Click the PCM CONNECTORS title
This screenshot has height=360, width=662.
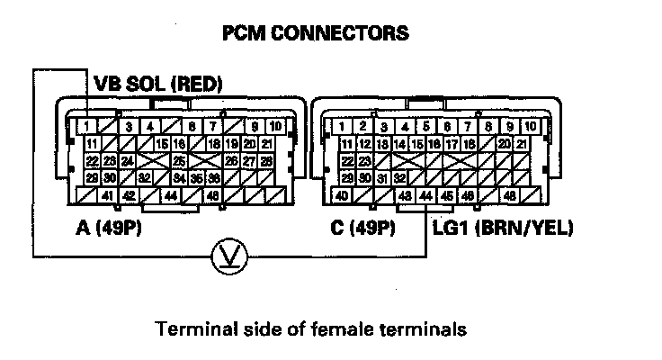315,34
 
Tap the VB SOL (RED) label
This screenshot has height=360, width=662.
158,85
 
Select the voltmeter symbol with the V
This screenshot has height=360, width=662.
222,257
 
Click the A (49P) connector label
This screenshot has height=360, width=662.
110,228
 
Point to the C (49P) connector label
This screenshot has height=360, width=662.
364,228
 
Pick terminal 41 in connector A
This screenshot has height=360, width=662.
106,196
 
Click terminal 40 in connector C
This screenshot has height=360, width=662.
342,196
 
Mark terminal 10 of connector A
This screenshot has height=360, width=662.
275,126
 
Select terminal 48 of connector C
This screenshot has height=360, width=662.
510,196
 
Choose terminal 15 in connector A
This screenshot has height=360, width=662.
162,144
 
